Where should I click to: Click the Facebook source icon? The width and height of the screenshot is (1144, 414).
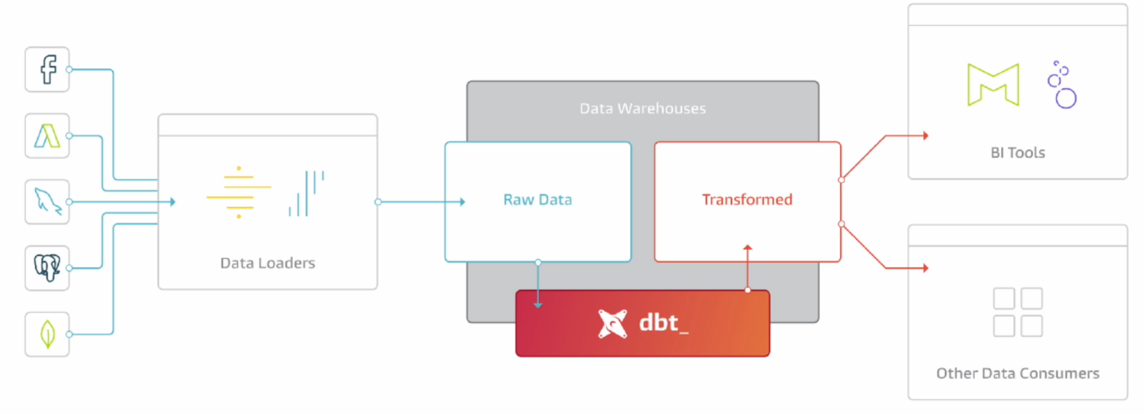pyautogui.click(x=47, y=70)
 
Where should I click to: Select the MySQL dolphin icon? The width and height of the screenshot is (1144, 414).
pyautogui.click(x=47, y=202)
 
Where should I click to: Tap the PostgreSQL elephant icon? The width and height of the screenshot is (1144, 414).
pyautogui.click(x=47, y=268)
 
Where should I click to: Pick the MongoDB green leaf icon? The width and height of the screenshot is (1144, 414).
pyautogui.click(x=47, y=335)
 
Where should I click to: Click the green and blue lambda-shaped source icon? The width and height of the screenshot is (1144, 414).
pyautogui.click(x=47, y=136)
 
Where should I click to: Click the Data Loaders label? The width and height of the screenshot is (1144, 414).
pyautogui.click(x=267, y=263)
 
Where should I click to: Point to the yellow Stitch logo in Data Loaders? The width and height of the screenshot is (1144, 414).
pyautogui.click(x=239, y=191)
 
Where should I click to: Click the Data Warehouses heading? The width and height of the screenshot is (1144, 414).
pyautogui.click(x=643, y=108)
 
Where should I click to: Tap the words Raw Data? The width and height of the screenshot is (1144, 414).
pyautogui.click(x=537, y=200)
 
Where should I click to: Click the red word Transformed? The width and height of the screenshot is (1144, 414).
pyautogui.click(x=747, y=200)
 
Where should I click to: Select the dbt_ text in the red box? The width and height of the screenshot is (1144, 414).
pyautogui.click(x=663, y=323)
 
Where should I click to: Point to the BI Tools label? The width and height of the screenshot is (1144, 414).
pyautogui.click(x=1017, y=153)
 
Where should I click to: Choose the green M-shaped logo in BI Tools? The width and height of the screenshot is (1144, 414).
pyautogui.click(x=992, y=85)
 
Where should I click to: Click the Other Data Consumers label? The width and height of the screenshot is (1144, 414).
pyautogui.click(x=1017, y=374)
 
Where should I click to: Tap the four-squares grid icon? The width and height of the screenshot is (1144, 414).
pyautogui.click(x=1017, y=312)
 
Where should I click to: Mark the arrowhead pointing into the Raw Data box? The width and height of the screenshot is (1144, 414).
pyautogui.click(x=462, y=202)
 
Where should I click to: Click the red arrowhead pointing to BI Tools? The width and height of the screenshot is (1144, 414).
pyautogui.click(x=925, y=136)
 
